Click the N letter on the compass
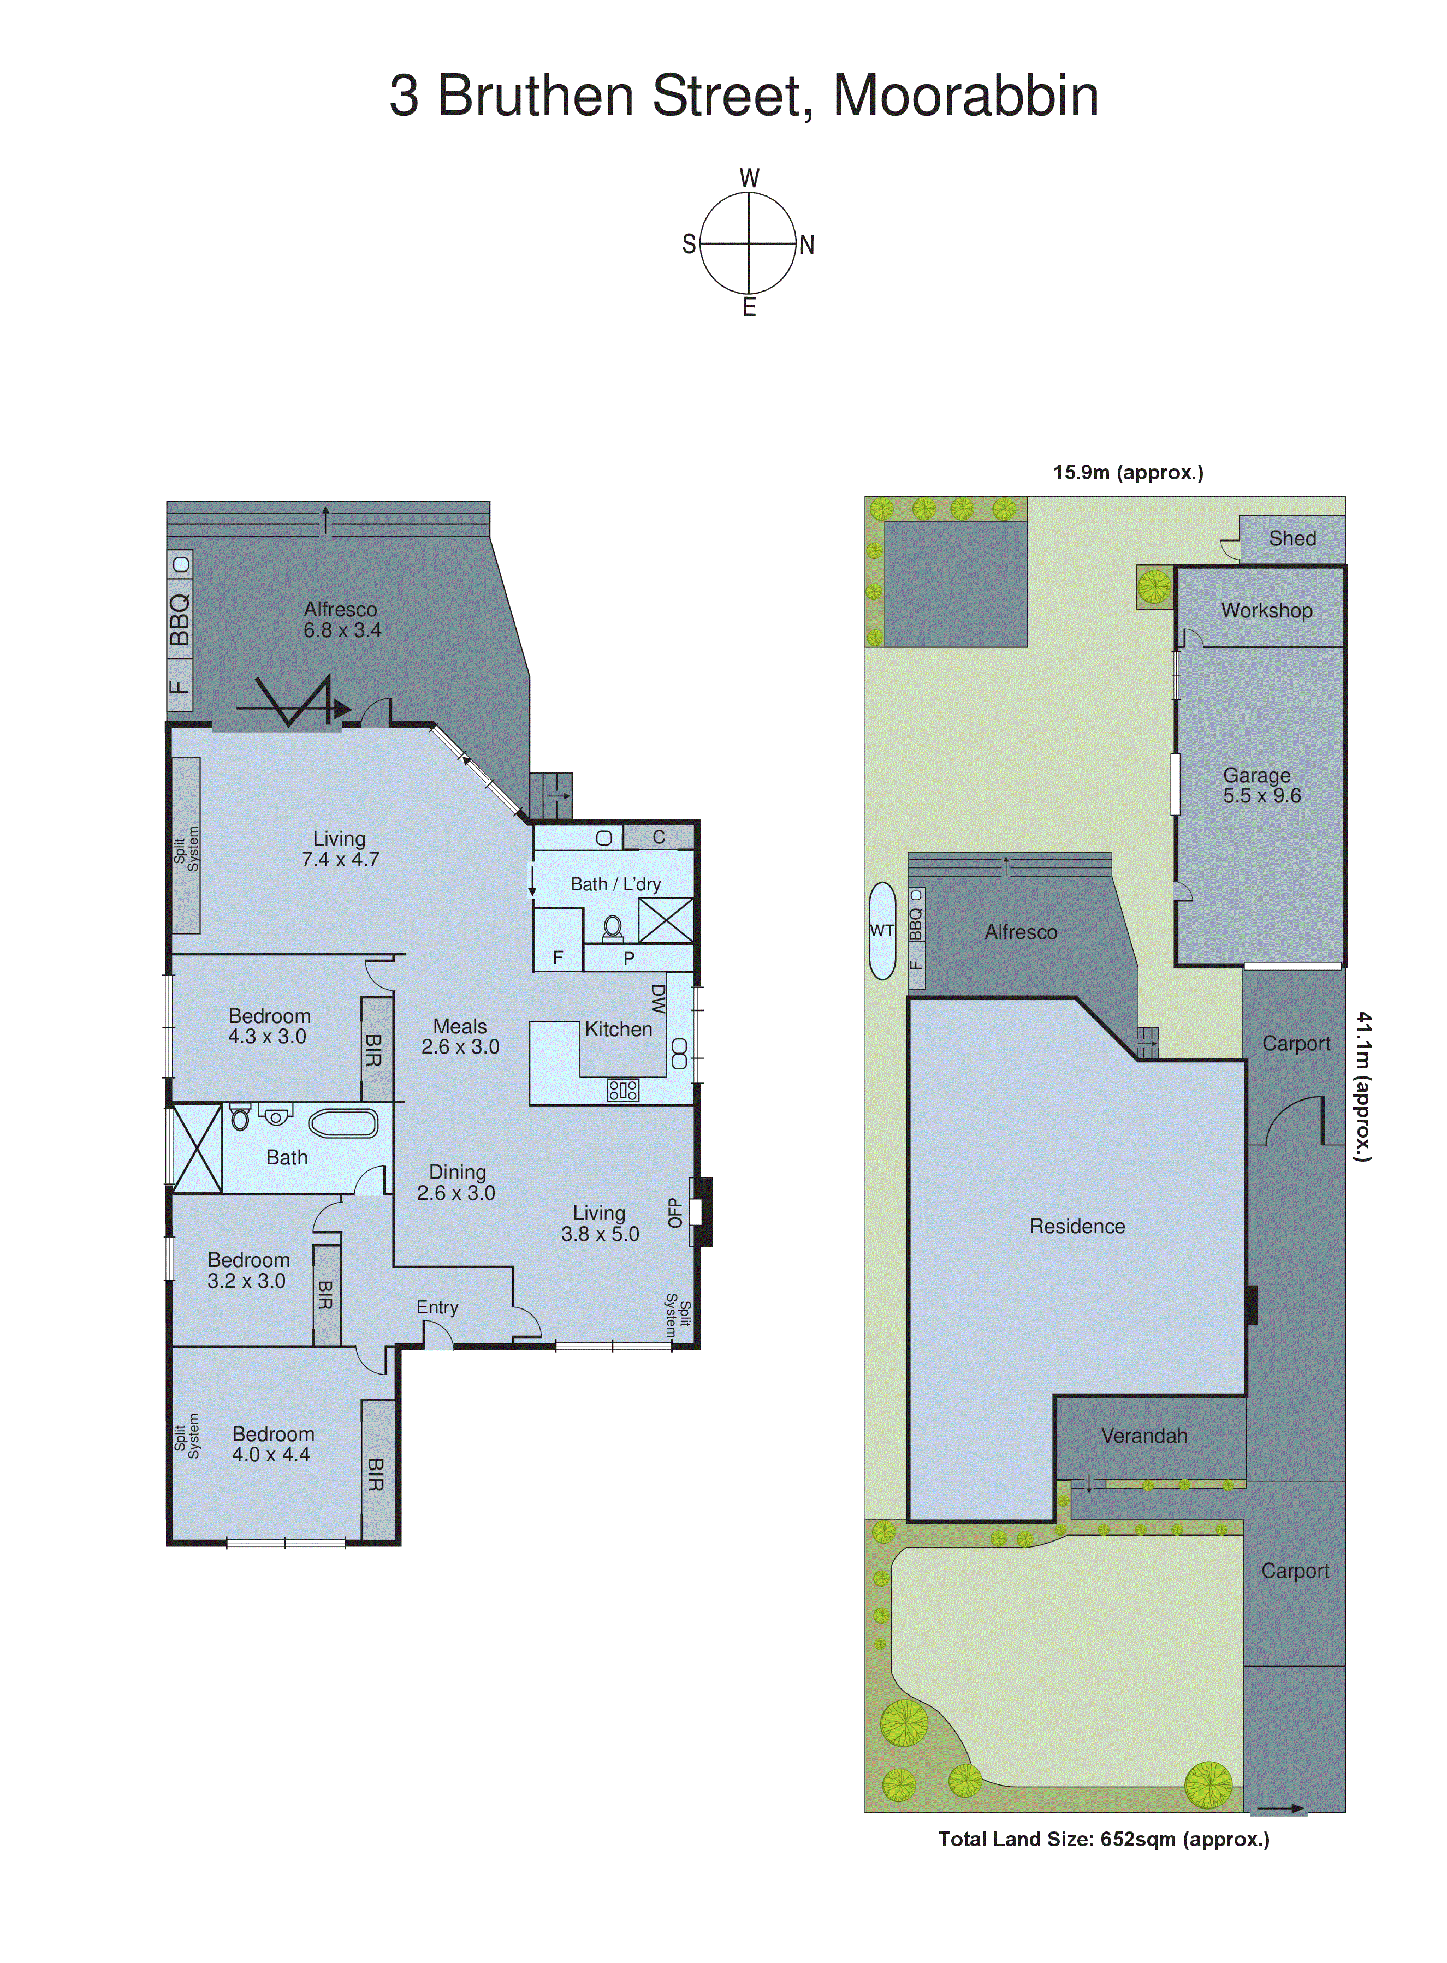pos(806,245)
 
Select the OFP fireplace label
pos(674,1212)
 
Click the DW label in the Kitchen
pos(658,999)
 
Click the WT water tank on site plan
pos(881,931)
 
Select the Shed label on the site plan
pos(1292,538)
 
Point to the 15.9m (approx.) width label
pos(1127,473)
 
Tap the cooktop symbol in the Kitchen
pos(623,1090)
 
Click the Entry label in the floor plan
pos(437,1307)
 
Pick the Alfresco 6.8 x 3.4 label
pos(342,620)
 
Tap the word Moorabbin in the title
pos(965,96)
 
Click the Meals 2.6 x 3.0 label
pos(460,1037)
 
